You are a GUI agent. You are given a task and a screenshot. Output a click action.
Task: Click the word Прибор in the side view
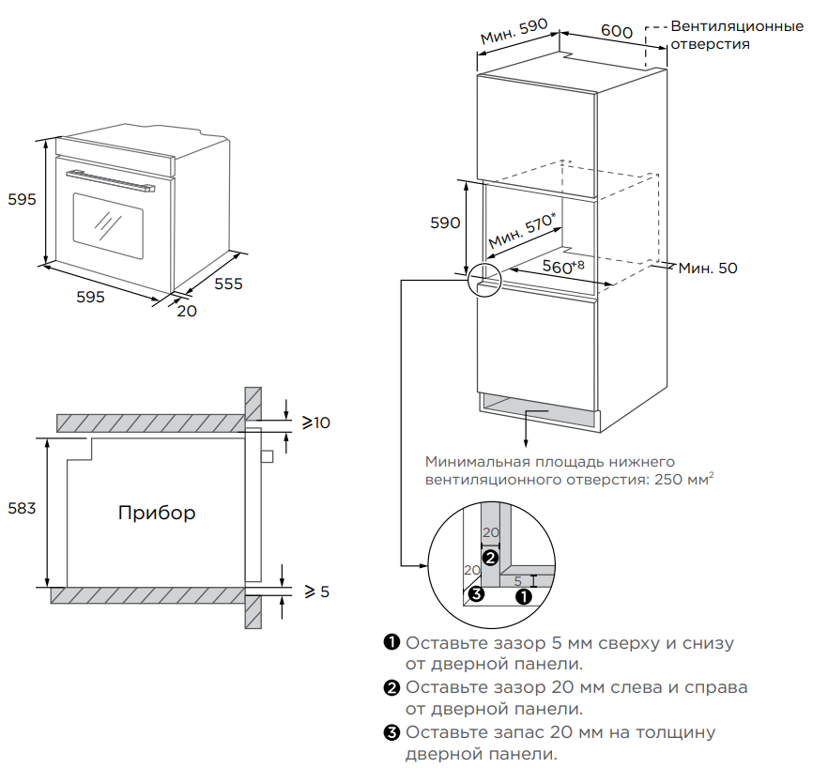157,513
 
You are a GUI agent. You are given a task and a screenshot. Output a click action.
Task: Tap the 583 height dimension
23,508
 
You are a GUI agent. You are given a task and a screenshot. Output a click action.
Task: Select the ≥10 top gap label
316,422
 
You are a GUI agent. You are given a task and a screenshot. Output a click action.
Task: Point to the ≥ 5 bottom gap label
316,591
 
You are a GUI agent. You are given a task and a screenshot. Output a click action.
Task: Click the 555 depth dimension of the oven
228,283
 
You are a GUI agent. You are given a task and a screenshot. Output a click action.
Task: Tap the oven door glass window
108,225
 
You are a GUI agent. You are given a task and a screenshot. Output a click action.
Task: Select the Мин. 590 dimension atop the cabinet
514,31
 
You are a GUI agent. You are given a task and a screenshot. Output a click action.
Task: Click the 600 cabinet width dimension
616,30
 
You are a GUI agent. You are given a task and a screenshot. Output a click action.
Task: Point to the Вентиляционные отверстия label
736,35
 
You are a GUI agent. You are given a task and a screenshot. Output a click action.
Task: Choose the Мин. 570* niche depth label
522,232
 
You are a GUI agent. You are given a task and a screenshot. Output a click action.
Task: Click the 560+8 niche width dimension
563,268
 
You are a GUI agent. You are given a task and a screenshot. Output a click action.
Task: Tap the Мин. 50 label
708,269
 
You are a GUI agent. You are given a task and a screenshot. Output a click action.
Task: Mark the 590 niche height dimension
445,223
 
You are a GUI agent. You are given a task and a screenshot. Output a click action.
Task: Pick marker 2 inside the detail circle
489,558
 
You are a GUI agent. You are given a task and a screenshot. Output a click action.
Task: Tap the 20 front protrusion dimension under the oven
187,311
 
